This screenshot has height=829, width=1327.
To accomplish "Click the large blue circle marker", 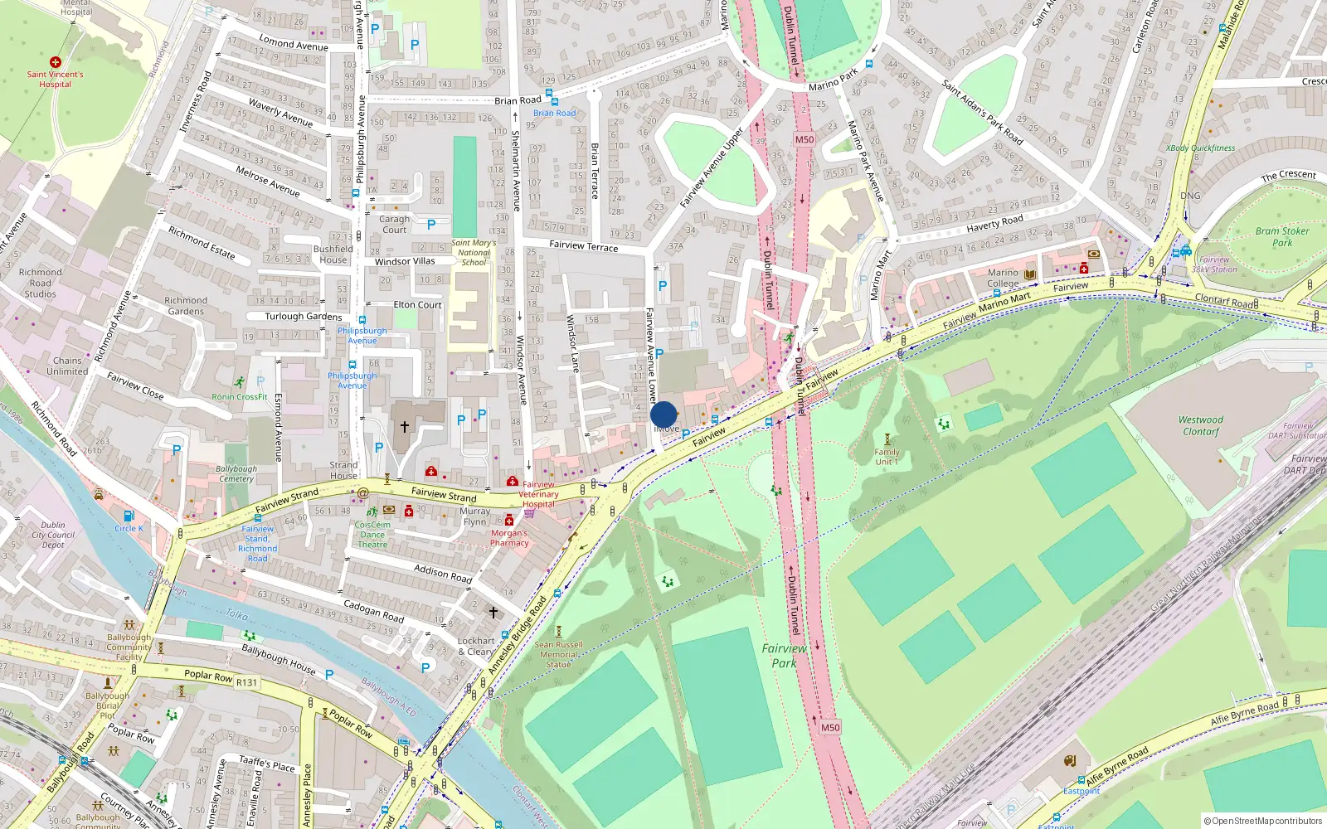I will [x=663, y=414].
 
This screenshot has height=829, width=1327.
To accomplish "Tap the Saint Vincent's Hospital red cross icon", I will [x=56, y=62].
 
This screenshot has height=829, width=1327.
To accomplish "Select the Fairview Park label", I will [x=784, y=656].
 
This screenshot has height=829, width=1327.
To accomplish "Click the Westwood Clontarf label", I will [x=1201, y=425].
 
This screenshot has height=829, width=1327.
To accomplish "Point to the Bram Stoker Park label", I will [x=1281, y=237].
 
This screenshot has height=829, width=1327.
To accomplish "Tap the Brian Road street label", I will [x=518, y=100].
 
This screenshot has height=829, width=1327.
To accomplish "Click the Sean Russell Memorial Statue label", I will [x=558, y=654].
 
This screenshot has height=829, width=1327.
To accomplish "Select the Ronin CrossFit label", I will [x=240, y=397].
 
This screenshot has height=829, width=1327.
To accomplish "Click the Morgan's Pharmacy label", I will [x=509, y=538].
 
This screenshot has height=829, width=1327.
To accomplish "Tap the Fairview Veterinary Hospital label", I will [x=538, y=494].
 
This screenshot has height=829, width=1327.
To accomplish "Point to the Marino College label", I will [x=1003, y=278].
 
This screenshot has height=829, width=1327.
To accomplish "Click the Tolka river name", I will [x=237, y=614].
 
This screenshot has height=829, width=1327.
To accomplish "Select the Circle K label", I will [x=129, y=528].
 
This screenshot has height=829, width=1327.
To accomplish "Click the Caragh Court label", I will [x=395, y=225].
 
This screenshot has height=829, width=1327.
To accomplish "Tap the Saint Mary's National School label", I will [x=474, y=253].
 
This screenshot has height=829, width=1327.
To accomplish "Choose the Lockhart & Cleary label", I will [x=476, y=646].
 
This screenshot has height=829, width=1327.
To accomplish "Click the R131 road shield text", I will [x=246, y=682].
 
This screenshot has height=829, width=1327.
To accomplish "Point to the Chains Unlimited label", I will [x=67, y=366].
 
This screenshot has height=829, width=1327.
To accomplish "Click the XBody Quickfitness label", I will [x=1200, y=148].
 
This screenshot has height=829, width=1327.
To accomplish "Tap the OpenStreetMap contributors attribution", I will [x=1263, y=821].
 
